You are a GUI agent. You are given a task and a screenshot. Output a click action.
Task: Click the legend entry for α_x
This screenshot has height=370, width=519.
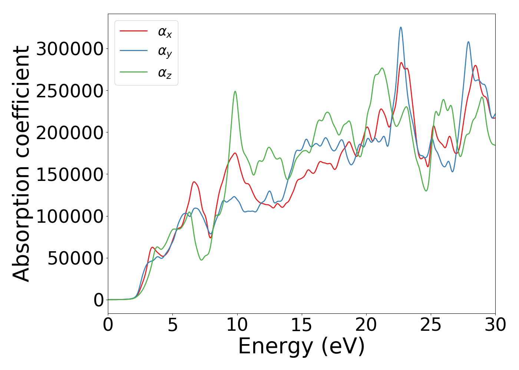click(x=165, y=32)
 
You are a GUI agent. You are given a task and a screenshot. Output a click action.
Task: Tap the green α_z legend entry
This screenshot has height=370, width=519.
click(x=165, y=73)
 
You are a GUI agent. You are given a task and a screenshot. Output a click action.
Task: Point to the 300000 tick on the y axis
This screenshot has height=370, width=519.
click(x=70, y=49)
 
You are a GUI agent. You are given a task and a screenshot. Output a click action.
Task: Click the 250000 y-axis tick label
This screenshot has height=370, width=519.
click(x=70, y=91)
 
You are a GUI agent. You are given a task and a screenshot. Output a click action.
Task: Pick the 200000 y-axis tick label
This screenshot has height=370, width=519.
click(x=70, y=132)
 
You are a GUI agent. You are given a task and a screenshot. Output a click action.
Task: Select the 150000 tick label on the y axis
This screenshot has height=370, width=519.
click(x=70, y=174)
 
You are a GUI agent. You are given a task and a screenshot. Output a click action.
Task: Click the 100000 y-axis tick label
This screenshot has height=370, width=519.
click(x=70, y=216)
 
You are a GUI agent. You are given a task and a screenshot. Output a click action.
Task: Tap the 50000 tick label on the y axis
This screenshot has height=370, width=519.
click(x=76, y=258)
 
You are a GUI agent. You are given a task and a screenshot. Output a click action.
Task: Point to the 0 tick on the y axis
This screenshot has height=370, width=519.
click(x=99, y=300)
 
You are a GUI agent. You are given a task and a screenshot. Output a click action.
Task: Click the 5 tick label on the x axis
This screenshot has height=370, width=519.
click(x=173, y=325)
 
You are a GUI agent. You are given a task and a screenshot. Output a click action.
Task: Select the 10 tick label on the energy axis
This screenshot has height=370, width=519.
click(x=237, y=325)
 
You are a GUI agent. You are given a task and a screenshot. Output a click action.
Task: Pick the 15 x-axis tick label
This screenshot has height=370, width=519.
click(x=302, y=325)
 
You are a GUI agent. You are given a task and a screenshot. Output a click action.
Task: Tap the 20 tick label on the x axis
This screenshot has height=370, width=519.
click(x=366, y=325)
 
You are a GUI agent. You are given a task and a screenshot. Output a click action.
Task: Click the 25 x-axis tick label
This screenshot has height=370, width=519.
click(x=431, y=325)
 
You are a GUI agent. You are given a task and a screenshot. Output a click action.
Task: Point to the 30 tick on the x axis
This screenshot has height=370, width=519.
click(x=495, y=325)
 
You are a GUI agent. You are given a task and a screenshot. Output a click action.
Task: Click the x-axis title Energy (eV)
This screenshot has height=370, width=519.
click(x=301, y=347)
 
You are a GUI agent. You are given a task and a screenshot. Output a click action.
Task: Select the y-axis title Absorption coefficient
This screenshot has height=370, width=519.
click(x=21, y=164)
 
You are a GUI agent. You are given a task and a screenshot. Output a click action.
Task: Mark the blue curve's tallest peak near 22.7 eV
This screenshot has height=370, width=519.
click(x=401, y=27)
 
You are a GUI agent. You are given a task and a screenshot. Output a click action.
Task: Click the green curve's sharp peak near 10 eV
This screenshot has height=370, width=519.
click(x=235, y=91)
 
